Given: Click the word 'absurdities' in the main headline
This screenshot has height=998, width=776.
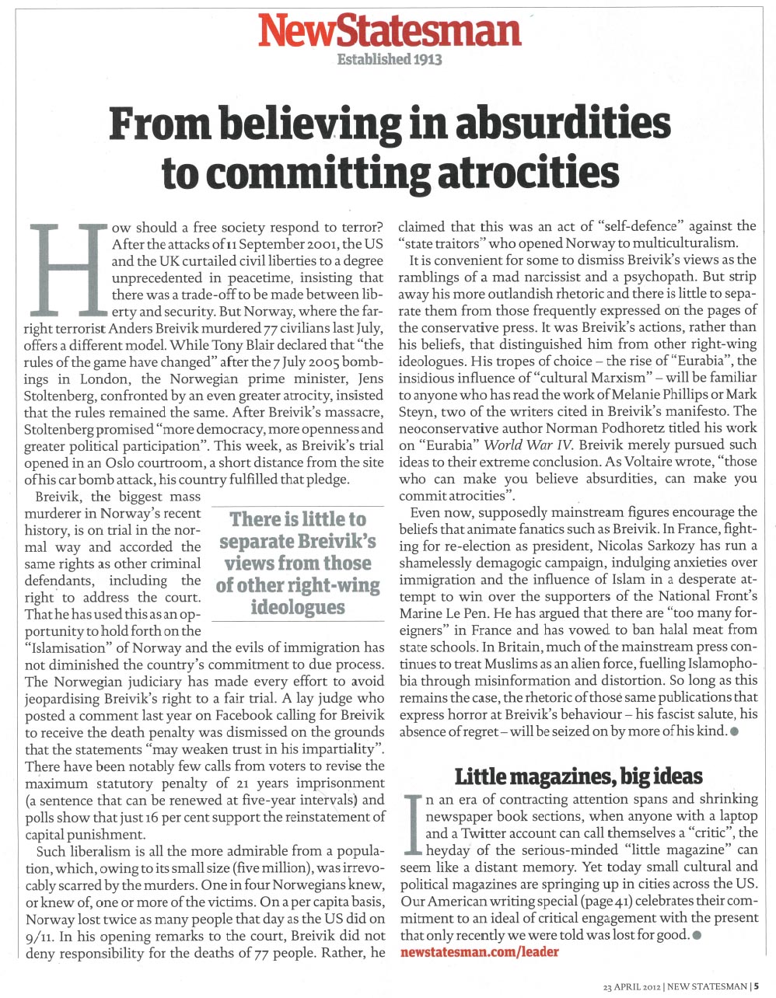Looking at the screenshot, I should [x=565, y=125].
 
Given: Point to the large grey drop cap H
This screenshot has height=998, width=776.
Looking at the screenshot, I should [x=68, y=267].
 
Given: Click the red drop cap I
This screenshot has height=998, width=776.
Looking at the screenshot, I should [x=412, y=825].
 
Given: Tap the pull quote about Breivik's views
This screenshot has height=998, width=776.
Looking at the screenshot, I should [x=299, y=563].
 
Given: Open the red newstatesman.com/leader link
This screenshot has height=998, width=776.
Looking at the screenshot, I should [x=479, y=951].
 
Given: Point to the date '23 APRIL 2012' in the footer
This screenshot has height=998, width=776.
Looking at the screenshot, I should [x=632, y=986].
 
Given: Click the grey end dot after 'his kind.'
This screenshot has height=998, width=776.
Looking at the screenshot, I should [x=734, y=731].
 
